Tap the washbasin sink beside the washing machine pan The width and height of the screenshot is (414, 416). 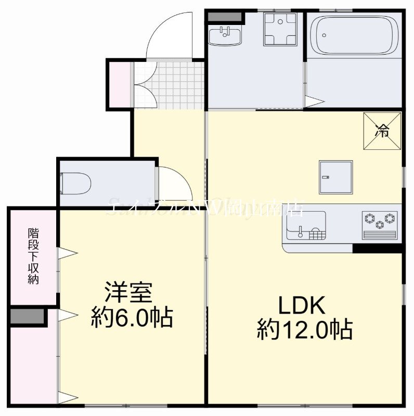(x=225, y=36)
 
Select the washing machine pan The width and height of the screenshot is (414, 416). (x=280, y=29)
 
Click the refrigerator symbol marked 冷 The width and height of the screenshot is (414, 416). (x=382, y=131)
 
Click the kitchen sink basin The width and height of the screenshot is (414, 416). (x=305, y=225)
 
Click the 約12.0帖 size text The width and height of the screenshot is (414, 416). (x=304, y=330)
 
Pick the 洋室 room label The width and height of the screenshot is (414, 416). (x=129, y=293)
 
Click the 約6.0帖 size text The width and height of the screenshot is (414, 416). (x=132, y=317)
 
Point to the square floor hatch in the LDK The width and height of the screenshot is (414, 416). (x=336, y=177)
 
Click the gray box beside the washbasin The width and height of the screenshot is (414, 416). (x=225, y=16)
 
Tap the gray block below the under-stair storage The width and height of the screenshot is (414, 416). (x=28, y=317)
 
